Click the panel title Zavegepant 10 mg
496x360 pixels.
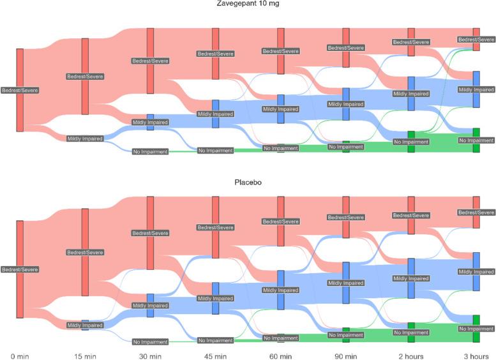point(248,3)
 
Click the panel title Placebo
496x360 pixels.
point(248,183)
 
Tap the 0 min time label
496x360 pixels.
point(20,354)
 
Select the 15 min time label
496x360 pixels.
point(85,354)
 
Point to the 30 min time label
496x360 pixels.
point(151,354)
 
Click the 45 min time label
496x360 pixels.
point(215,354)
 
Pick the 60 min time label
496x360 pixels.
point(280,354)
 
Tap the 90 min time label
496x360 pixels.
point(345,354)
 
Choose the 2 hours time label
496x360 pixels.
point(411,354)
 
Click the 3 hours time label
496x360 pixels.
point(476,354)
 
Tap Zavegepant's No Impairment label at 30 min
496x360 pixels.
point(151,151)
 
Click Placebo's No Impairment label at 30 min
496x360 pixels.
point(151,341)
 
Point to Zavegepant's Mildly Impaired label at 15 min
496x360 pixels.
point(85,139)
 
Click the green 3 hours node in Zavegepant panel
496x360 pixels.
point(476,140)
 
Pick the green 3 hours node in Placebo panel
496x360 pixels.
point(476,328)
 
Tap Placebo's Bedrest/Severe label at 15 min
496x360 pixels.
point(85,252)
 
